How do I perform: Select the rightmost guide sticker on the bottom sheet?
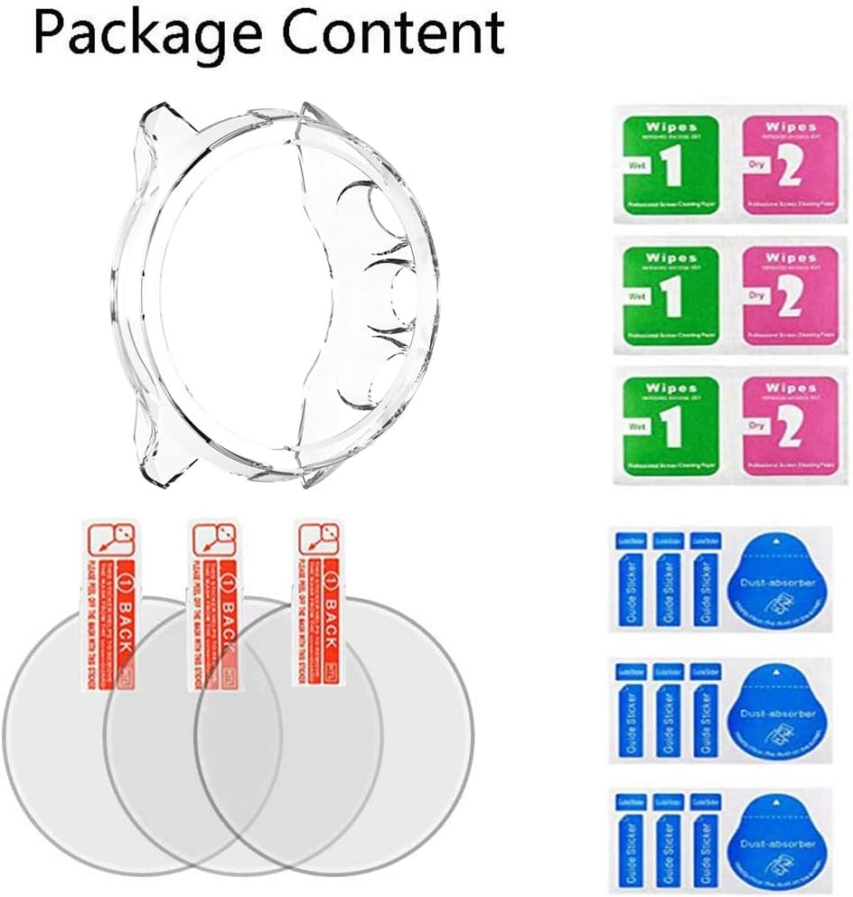point(704,840)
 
